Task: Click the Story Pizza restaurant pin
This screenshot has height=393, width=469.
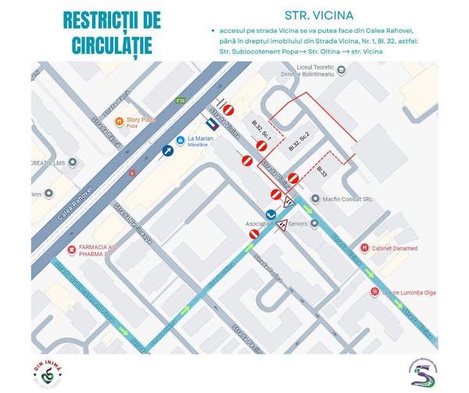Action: click(119, 122)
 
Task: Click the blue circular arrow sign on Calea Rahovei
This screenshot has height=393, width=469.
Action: click(167, 151)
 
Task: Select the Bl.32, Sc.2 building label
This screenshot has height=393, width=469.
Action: click(299, 141)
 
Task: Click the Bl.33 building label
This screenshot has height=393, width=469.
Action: click(323, 170)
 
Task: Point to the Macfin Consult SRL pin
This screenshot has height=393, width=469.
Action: click(316, 199)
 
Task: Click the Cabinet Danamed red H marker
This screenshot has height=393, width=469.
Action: click(364, 248)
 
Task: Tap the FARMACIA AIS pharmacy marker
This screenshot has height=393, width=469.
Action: click(72, 249)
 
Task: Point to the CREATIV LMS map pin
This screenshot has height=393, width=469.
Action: click(73, 163)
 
